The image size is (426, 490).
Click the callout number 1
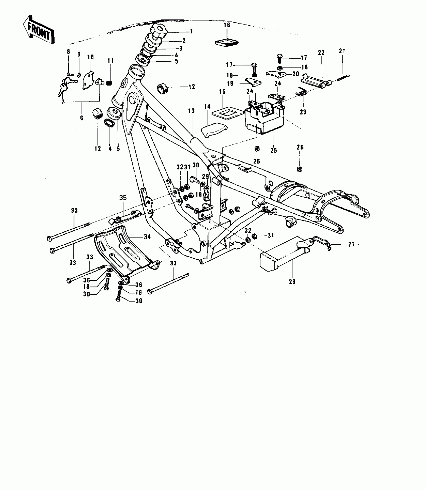click(191, 31)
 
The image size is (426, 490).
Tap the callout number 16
click(227, 25)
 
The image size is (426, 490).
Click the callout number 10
click(90, 57)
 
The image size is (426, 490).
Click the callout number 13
click(191, 111)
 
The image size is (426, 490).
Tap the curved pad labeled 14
click(214, 130)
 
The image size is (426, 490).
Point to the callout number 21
click(342, 51)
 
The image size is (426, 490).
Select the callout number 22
click(321, 53)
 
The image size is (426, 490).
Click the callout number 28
click(292, 282)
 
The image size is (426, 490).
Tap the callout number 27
click(351, 244)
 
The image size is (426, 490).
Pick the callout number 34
click(147, 236)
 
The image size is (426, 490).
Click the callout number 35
click(123, 198)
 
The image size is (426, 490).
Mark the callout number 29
click(205, 177)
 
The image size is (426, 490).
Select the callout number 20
click(296, 74)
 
